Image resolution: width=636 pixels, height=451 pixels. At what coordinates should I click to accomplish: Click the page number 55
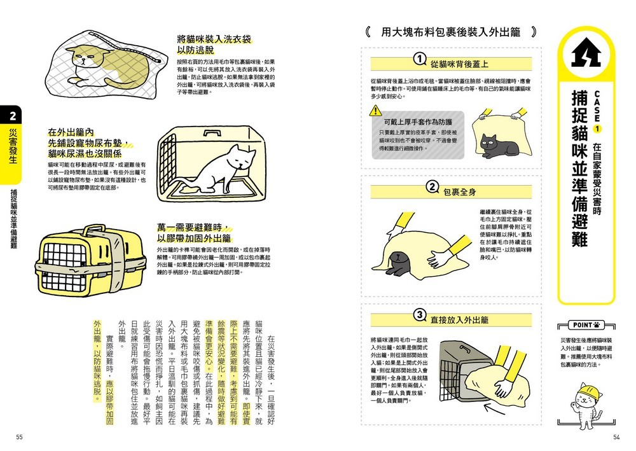point(20,437)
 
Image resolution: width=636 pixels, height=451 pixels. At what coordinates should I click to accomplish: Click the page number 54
point(616,437)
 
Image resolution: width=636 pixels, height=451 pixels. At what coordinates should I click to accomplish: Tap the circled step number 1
point(419,60)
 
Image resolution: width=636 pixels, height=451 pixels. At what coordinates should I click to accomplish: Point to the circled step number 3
point(419,315)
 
